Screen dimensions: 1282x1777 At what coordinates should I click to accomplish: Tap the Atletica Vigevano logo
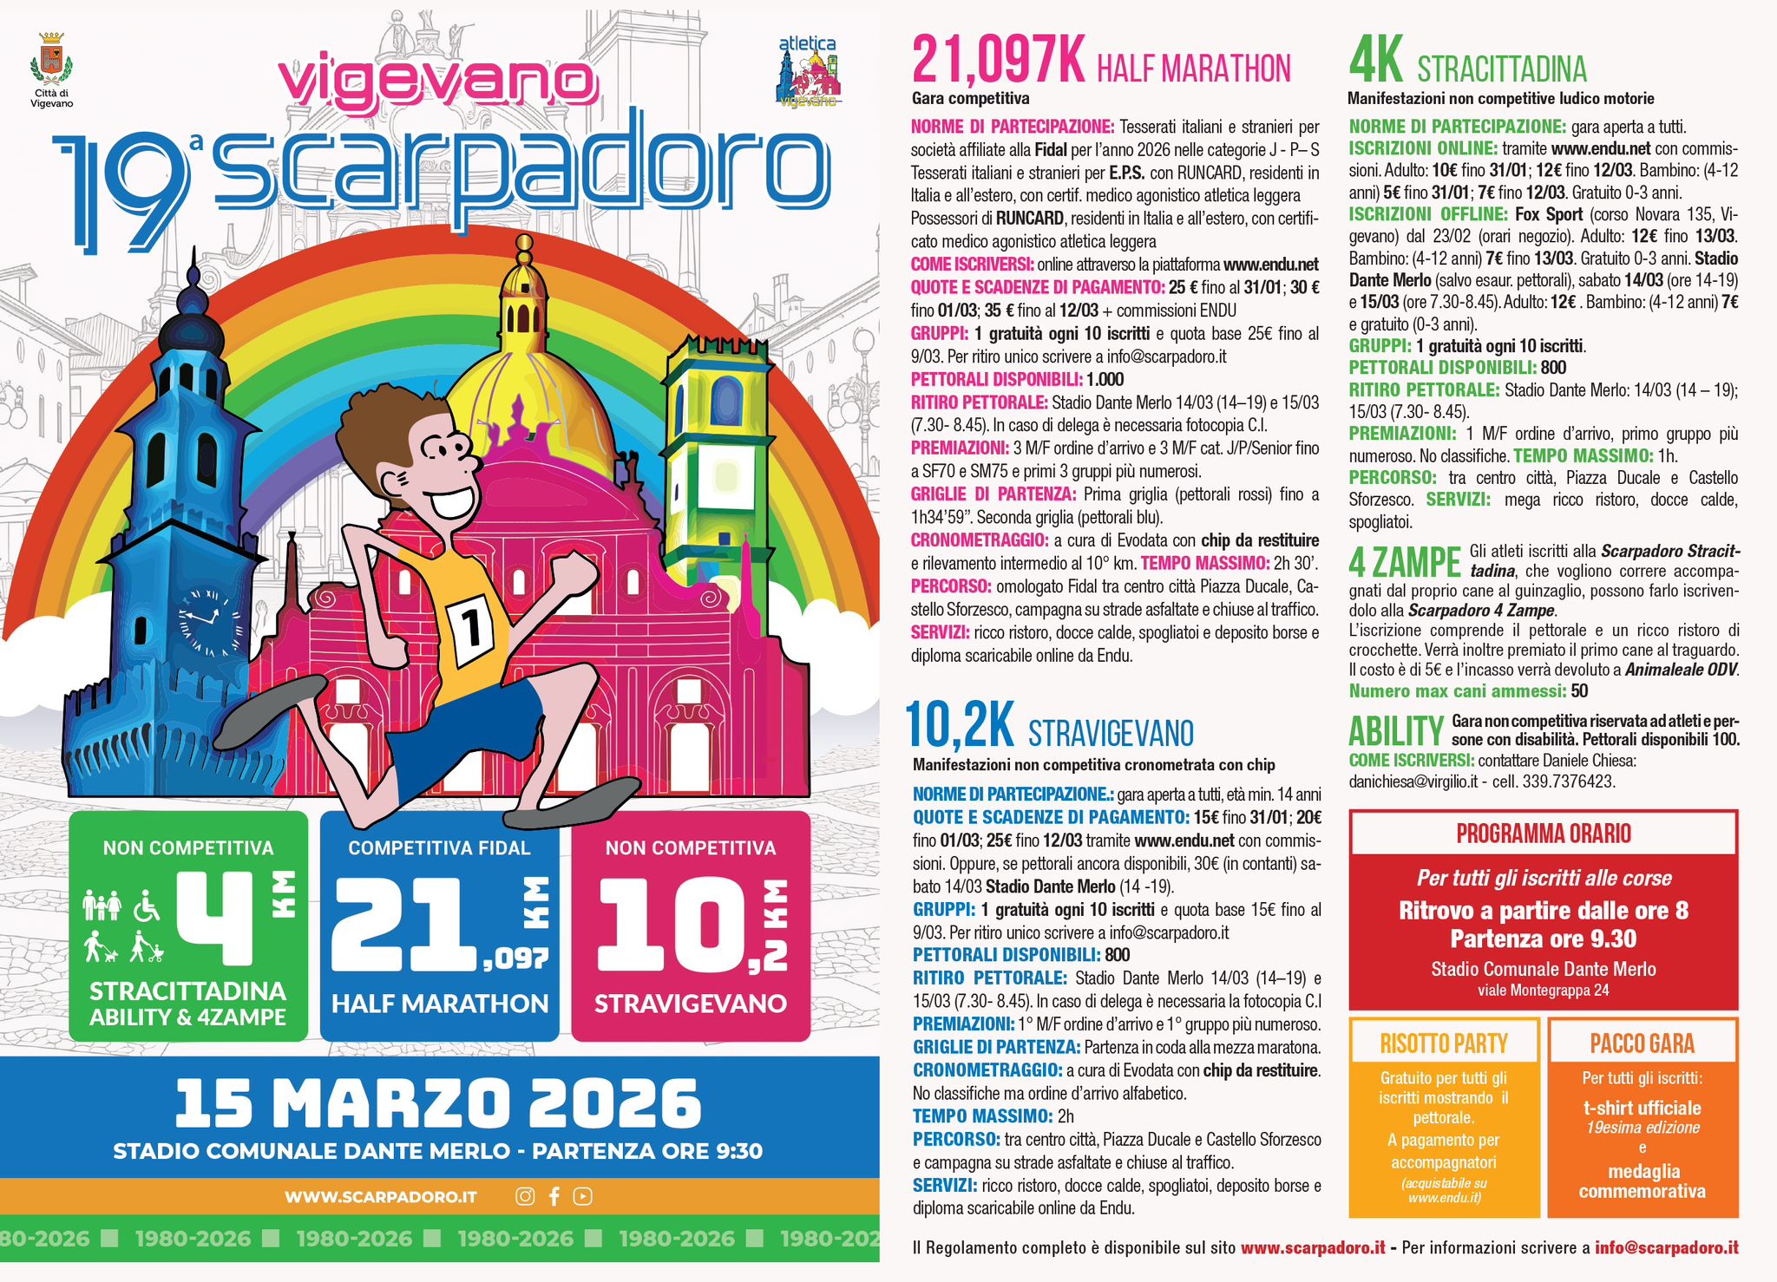point(808,73)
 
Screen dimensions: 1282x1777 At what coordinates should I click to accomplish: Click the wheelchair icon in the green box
point(147,906)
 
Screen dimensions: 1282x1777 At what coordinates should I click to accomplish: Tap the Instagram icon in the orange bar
point(525,1197)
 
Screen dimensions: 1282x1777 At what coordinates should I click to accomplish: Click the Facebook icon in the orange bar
point(554,1197)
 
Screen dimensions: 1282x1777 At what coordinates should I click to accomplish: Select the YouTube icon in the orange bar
point(583,1197)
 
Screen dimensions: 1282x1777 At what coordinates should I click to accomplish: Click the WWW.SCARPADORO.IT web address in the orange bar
point(381,1197)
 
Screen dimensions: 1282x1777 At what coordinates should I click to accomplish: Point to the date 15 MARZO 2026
point(438,1103)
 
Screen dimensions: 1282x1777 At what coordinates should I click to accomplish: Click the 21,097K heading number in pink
point(998,61)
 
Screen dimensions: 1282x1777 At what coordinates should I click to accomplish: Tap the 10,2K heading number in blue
point(959,725)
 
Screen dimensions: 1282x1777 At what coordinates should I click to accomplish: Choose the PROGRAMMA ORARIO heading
point(1544,834)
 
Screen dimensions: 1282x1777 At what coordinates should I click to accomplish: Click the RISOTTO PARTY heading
point(1444,1043)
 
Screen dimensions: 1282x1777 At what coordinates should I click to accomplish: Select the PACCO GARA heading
point(1643,1043)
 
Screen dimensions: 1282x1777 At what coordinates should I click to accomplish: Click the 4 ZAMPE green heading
point(1404,562)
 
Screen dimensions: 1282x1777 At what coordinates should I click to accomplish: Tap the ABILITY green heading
point(1395,731)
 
